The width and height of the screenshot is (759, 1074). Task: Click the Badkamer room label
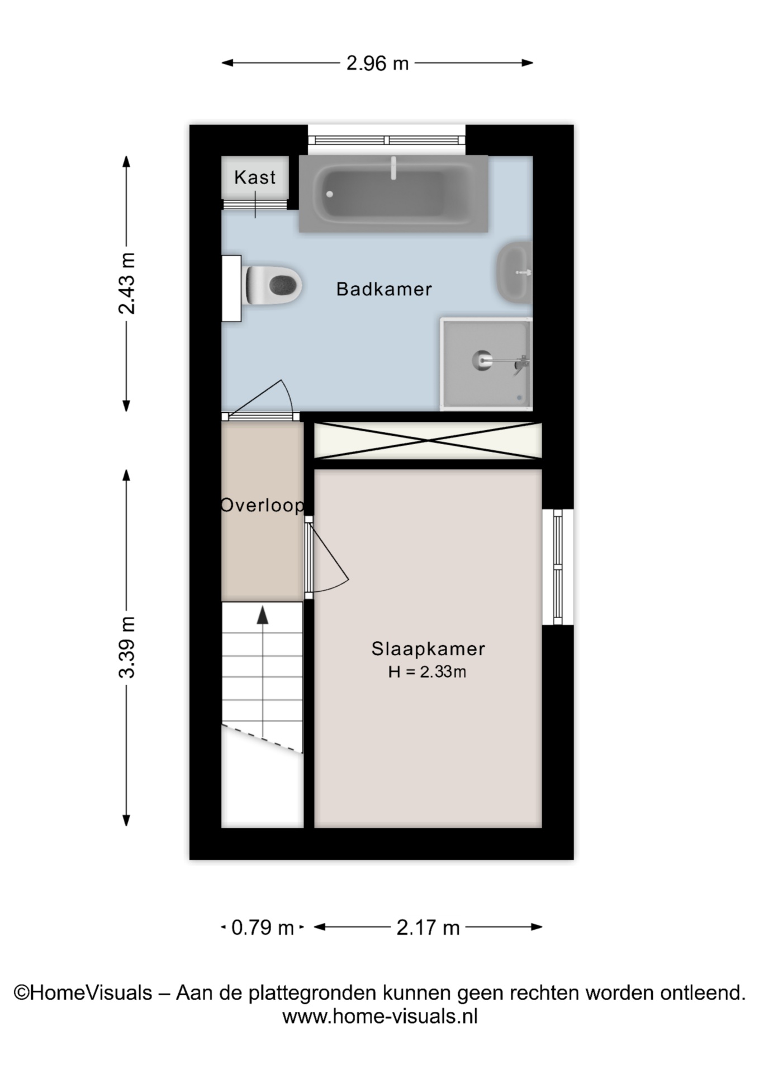(384, 289)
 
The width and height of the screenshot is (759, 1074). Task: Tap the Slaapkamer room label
(428, 649)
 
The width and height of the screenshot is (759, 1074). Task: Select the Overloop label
(263, 505)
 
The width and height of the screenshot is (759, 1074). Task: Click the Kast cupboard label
(255, 177)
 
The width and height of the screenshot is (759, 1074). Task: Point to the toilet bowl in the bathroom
(274, 285)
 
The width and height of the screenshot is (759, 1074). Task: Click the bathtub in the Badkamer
(393, 194)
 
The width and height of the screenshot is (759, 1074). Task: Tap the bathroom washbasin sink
(514, 272)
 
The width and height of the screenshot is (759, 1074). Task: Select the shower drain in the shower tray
(481, 360)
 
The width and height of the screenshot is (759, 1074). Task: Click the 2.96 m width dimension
(377, 63)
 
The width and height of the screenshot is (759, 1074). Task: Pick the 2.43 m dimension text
(127, 284)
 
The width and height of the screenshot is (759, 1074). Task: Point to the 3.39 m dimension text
(127, 647)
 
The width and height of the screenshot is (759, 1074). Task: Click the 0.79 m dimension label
(262, 927)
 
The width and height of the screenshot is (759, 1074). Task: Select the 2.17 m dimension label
(428, 927)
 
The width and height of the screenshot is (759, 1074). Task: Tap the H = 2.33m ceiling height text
(428, 672)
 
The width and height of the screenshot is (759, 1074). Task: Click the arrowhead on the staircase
(262, 615)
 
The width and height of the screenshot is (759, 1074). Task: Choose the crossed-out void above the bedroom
(428, 441)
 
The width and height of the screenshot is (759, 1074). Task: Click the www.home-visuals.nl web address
(380, 1016)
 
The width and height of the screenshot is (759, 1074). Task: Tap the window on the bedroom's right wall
(557, 567)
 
